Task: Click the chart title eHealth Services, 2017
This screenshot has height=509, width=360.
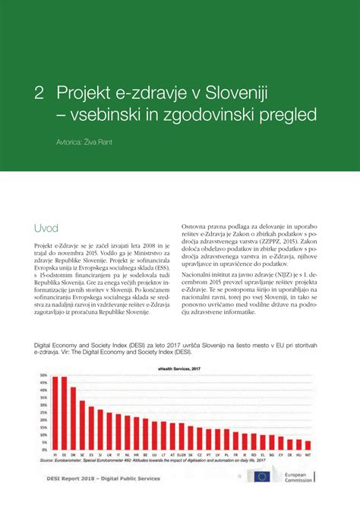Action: (x=179, y=368)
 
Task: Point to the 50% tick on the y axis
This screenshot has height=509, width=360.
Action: (x=43, y=375)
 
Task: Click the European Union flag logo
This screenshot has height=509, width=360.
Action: (x=264, y=478)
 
